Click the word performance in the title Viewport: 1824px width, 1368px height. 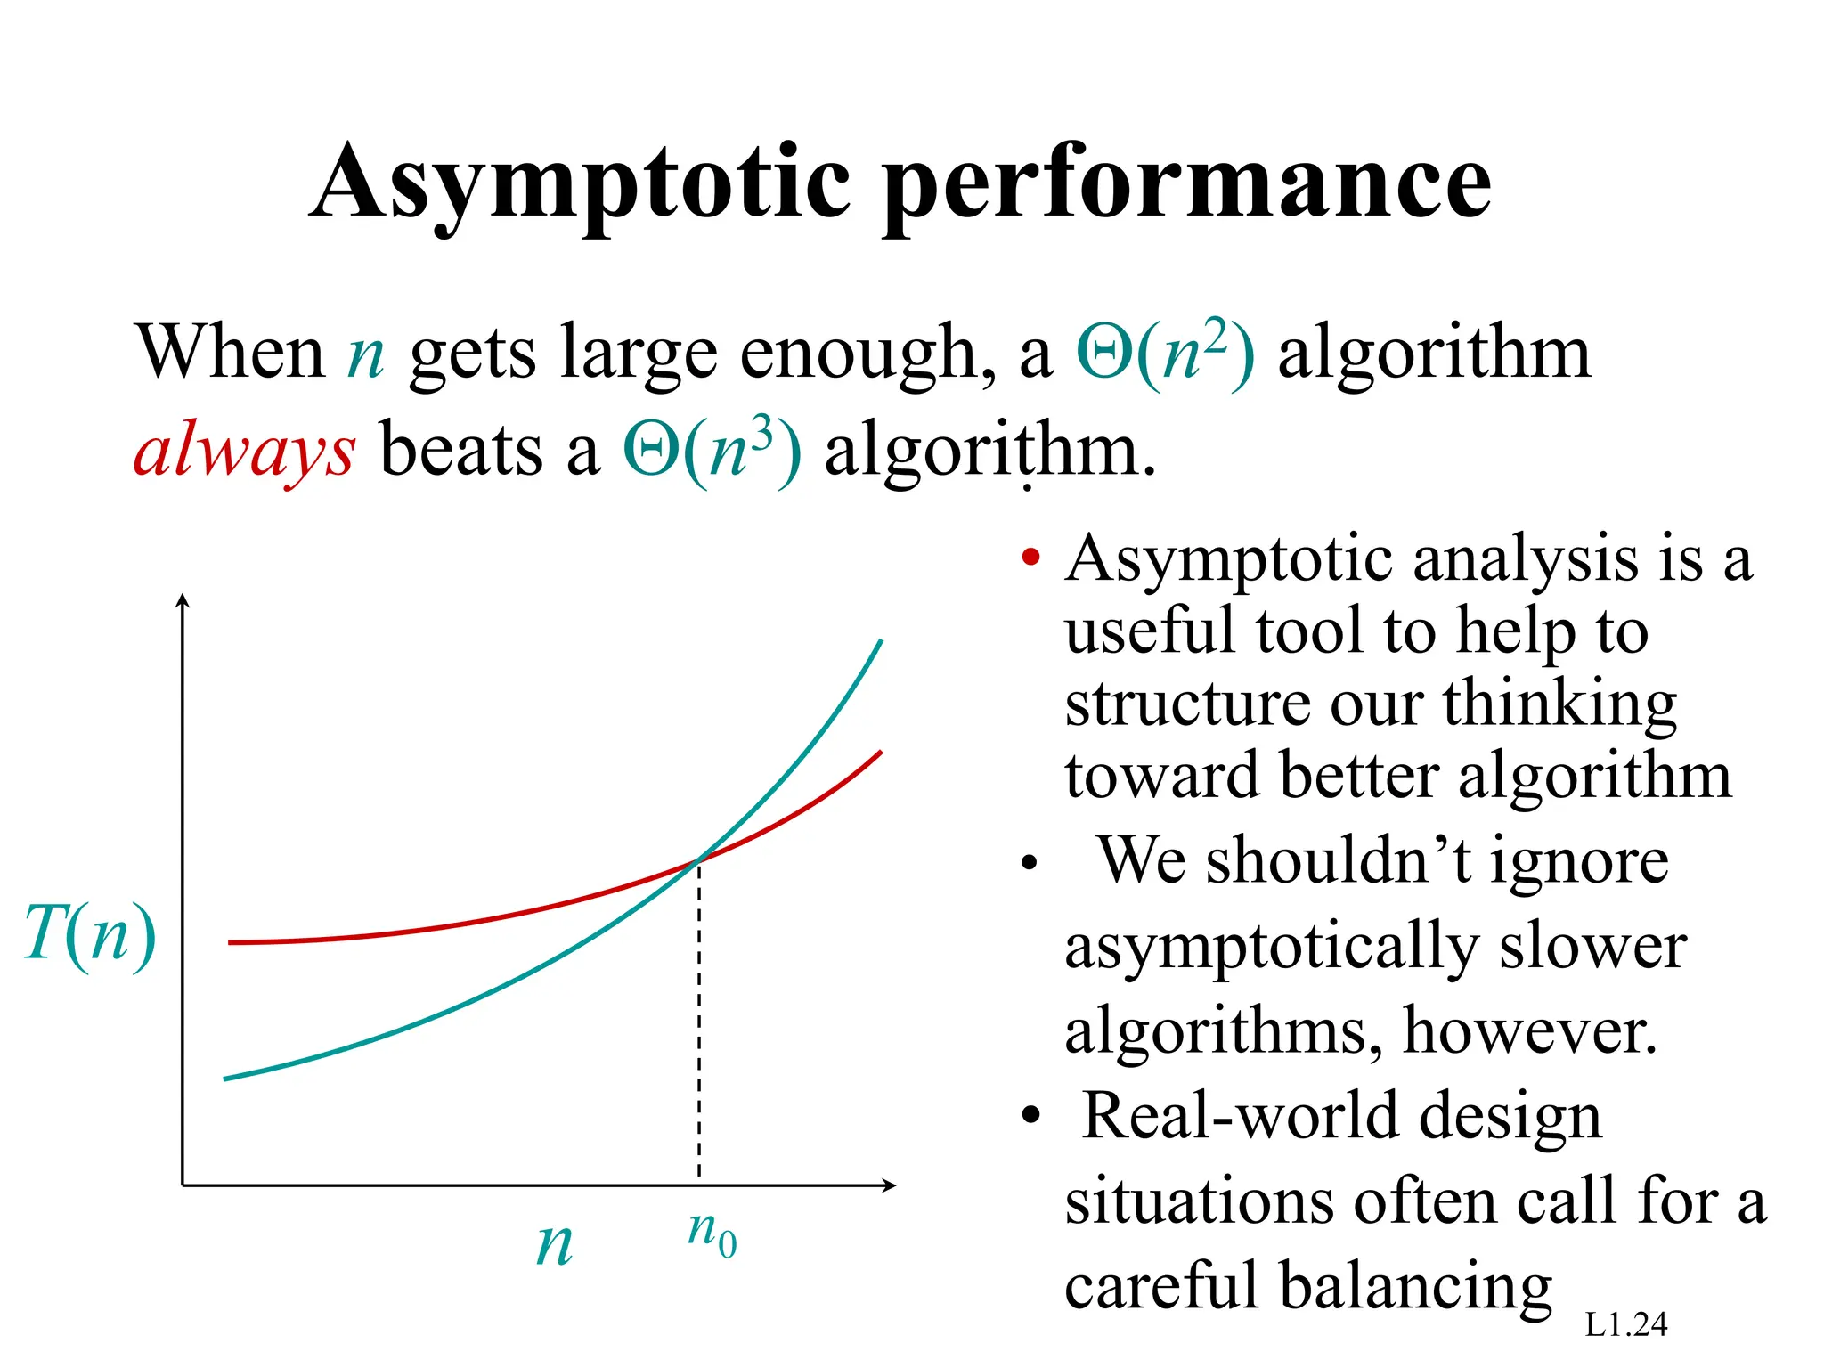pos(1189,183)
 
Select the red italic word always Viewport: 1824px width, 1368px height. pos(244,450)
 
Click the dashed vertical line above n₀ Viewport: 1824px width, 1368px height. pos(699,1024)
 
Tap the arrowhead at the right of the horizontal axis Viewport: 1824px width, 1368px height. pos(889,1185)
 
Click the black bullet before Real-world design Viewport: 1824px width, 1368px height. pos(1030,1115)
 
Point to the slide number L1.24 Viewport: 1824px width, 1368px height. pos(1625,1324)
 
